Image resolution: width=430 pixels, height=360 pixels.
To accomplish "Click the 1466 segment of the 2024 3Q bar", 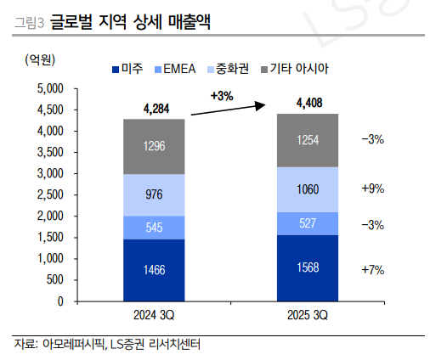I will tap(155, 270).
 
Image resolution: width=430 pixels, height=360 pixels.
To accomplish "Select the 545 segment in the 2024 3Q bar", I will tap(155, 228).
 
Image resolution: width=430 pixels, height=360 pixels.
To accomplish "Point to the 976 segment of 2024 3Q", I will tap(155, 195).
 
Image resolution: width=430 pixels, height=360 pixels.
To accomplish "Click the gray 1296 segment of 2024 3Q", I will tap(155, 146).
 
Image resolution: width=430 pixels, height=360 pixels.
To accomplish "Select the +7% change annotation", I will tap(373, 270).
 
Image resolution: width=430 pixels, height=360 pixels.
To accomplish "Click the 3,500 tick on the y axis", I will tap(51, 152).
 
